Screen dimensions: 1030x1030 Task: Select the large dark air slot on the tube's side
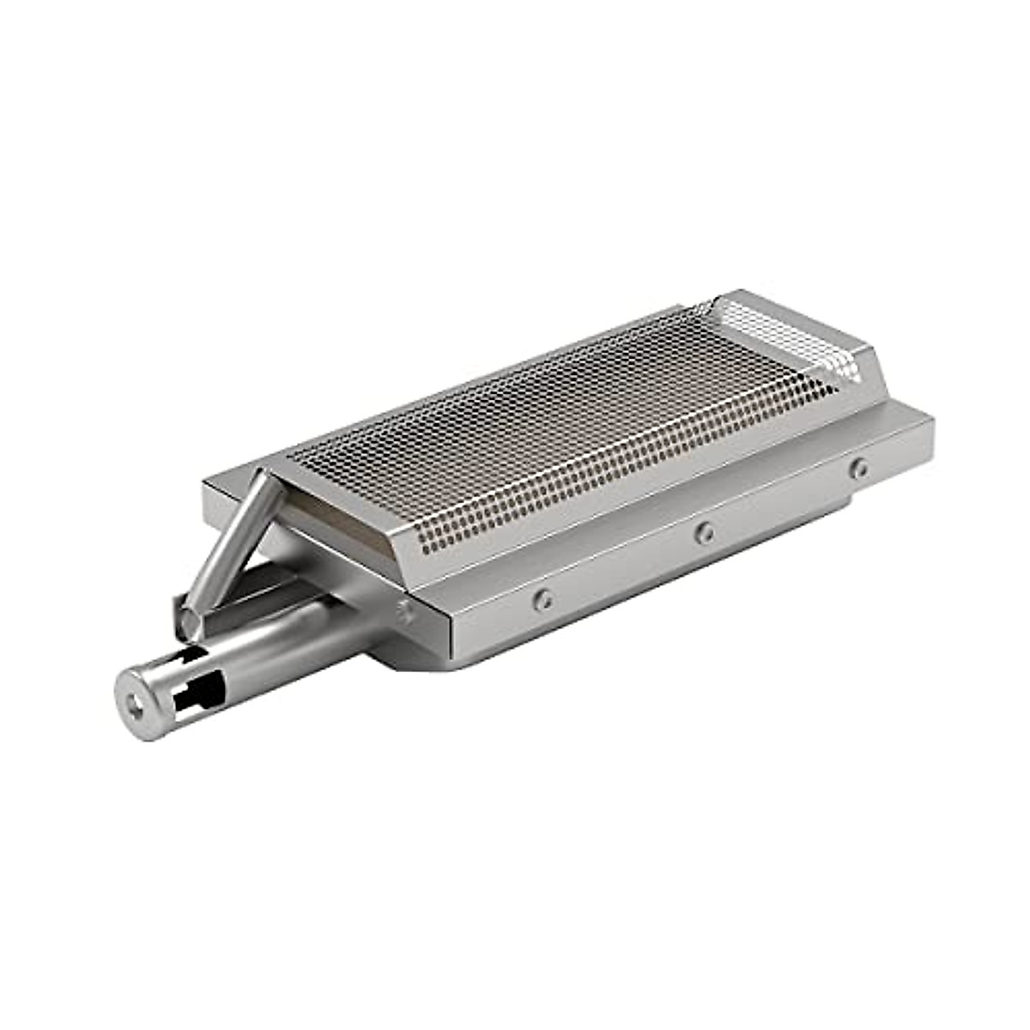pyautogui.click(x=201, y=694)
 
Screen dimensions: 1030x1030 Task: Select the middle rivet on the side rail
pyautogui.click(x=705, y=533)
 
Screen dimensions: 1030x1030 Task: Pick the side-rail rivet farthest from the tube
pyautogui.click(x=859, y=469)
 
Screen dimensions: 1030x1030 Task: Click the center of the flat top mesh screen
pyautogui.click(x=558, y=421)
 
